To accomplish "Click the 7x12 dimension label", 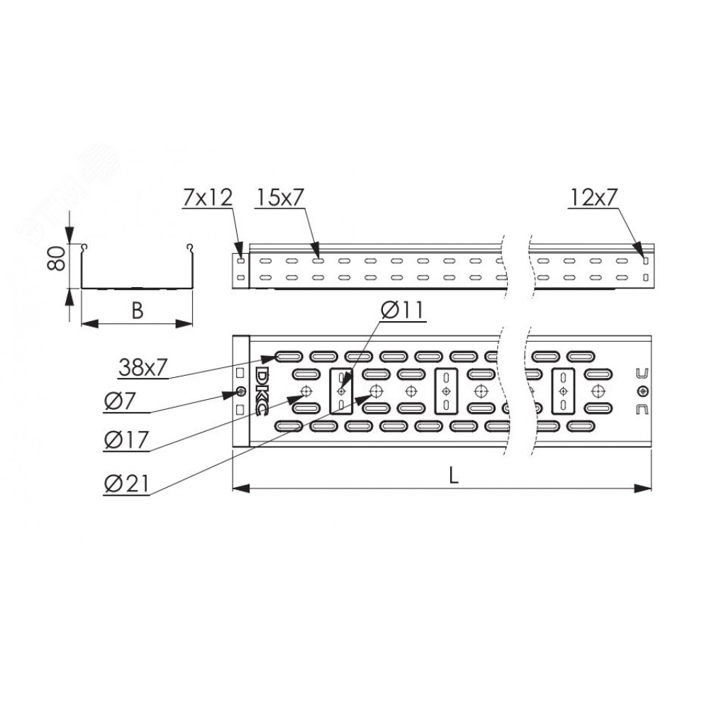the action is point(208,197).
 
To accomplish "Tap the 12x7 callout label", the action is point(593,197).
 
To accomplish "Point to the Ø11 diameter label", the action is point(402,311).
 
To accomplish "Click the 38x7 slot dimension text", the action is point(143,367).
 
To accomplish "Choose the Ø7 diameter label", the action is point(119,401).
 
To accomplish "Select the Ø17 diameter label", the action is point(126,440).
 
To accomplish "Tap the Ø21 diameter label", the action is point(126,484).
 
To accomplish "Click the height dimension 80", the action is point(57,259).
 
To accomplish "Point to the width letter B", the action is point(137,311).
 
